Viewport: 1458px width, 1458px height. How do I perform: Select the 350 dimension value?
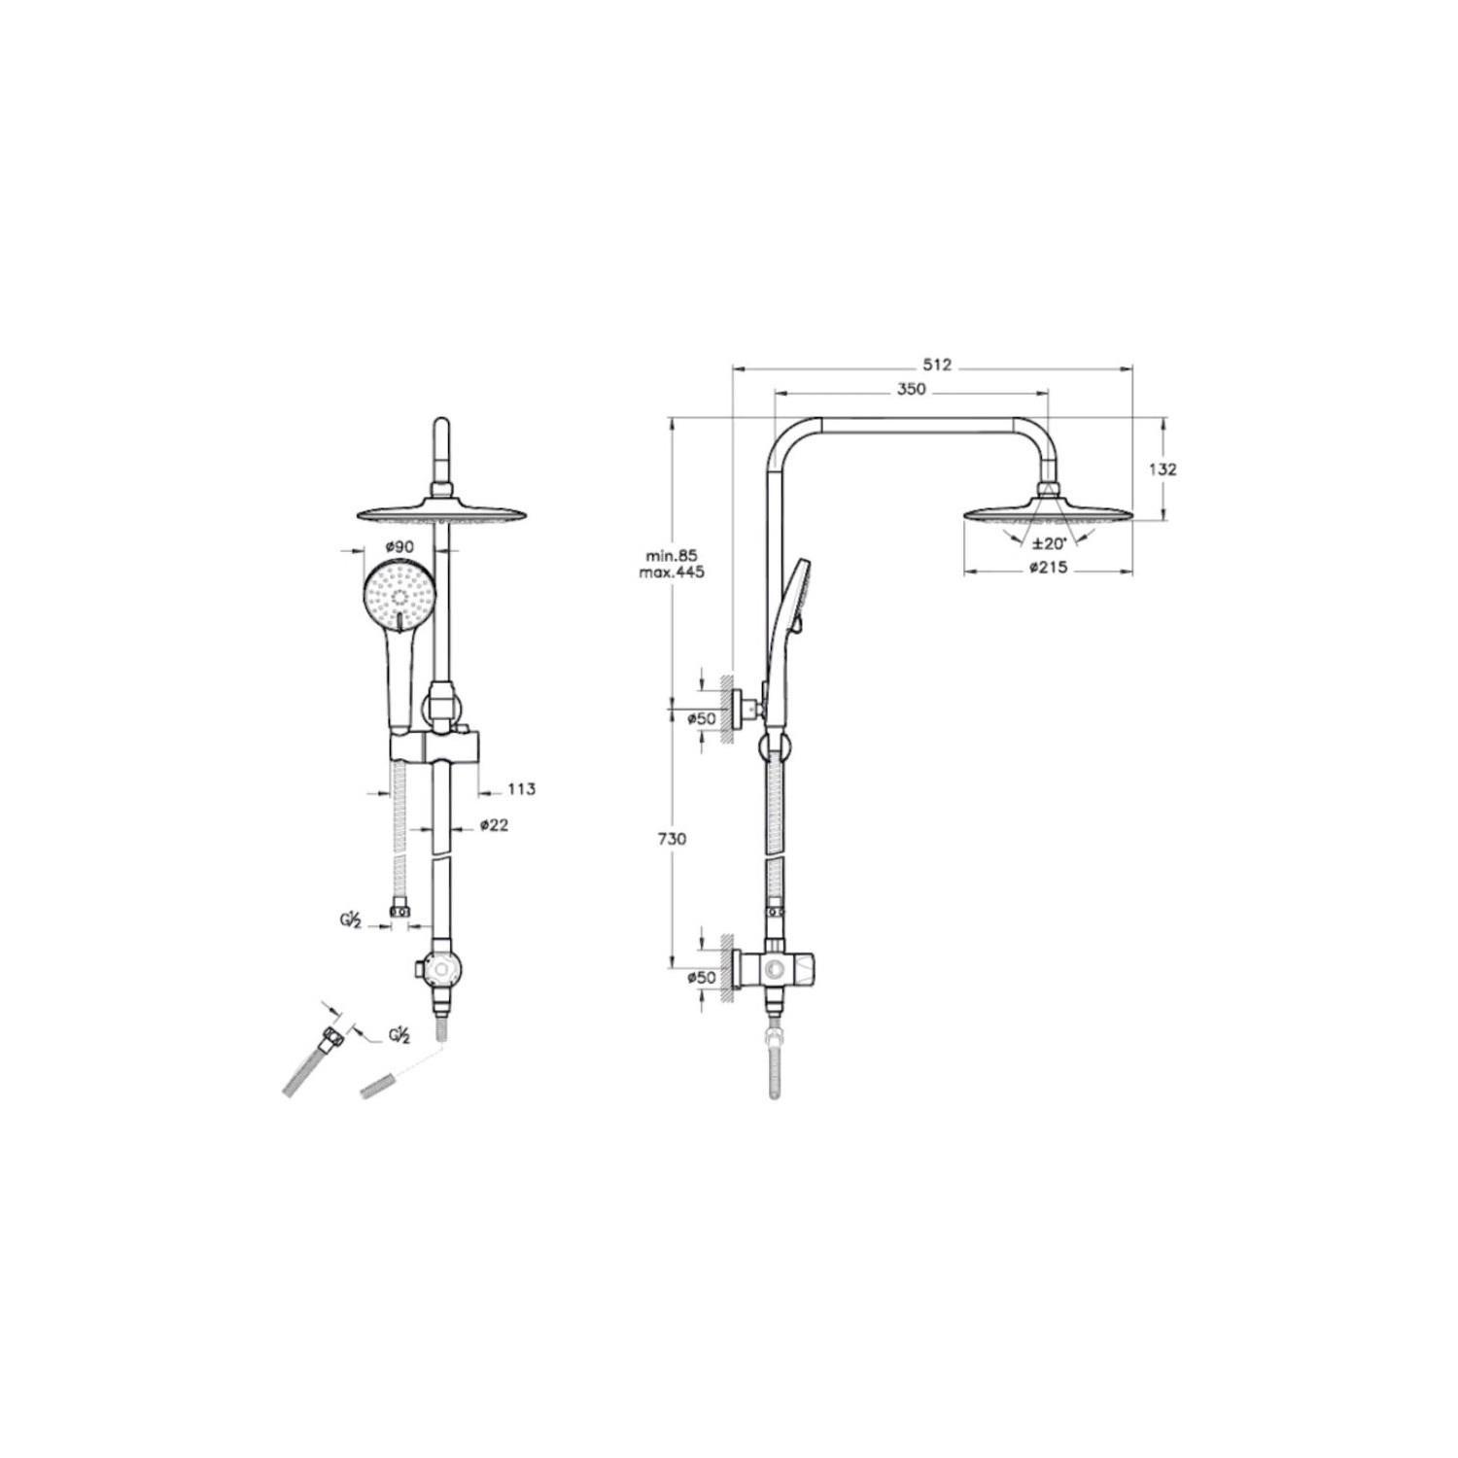[x=911, y=390]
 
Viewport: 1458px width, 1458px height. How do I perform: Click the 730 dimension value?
[x=674, y=839]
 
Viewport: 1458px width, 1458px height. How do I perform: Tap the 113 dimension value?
[x=521, y=789]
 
